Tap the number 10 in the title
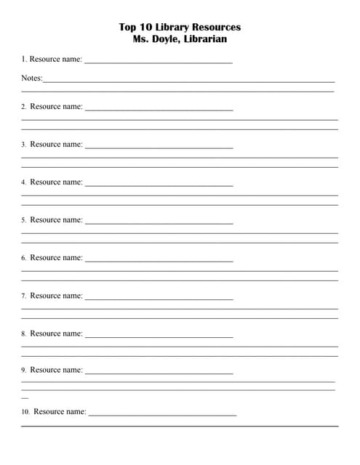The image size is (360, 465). click(x=144, y=28)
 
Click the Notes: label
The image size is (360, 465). click(x=31, y=78)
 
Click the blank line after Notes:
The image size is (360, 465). click(x=189, y=81)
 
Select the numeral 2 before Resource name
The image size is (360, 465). click(x=23, y=107)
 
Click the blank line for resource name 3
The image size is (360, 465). click(x=159, y=148)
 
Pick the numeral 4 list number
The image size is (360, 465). click(x=23, y=182)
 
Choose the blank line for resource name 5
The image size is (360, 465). click(x=159, y=224)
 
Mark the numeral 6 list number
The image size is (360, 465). click(x=23, y=258)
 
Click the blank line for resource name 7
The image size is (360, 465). click(x=159, y=299)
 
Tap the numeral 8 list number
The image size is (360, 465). click(x=23, y=334)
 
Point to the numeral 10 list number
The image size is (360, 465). click(x=25, y=412)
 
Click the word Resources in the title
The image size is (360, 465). click(x=216, y=28)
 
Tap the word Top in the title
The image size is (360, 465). click(x=127, y=28)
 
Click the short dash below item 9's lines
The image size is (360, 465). click(x=25, y=397)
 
